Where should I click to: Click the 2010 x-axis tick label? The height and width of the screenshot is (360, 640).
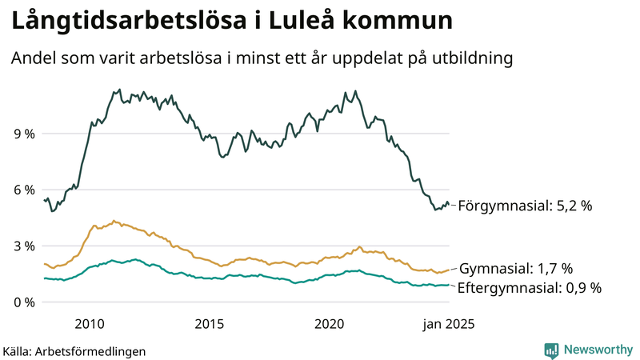[x=90, y=324]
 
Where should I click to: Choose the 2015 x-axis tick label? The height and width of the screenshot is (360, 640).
[x=210, y=324]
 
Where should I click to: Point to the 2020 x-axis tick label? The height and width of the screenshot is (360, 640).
[x=330, y=324]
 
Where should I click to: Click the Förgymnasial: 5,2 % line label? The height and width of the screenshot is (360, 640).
[x=526, y=206]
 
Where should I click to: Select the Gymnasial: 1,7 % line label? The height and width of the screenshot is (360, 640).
[x=517, y=268]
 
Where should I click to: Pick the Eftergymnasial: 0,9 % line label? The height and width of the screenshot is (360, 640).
[x=529, y=287]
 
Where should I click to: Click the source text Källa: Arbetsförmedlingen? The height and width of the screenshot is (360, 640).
[x=74, y=350]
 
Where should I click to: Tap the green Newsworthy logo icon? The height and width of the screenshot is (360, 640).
[x=551, y=350]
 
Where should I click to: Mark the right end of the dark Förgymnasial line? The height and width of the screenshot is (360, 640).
[x=449, y=204]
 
